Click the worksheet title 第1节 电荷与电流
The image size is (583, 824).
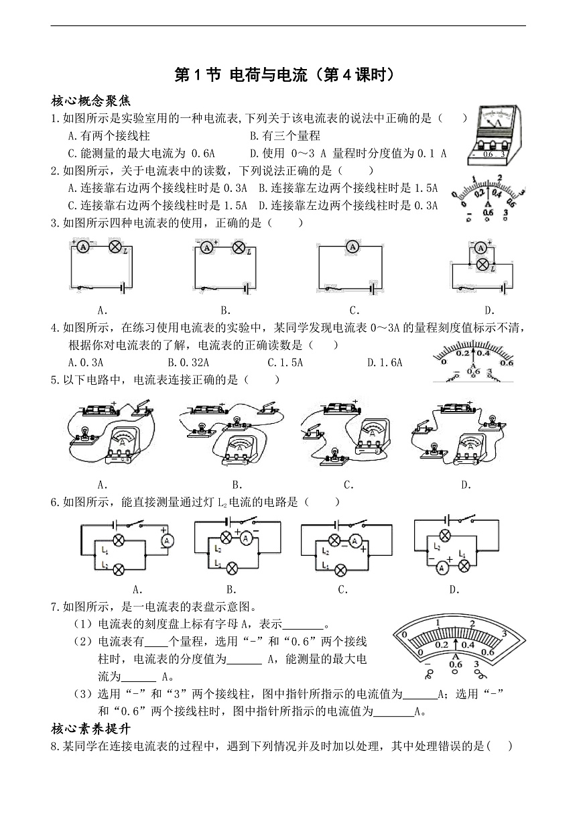pos(241,75)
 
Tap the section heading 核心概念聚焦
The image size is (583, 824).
pos(90,100)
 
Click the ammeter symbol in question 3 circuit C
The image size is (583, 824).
pos(352,247)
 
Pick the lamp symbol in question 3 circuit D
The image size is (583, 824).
pos(482,264)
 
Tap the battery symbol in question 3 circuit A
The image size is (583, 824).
pos(123,288)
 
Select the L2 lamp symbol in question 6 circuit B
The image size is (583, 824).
pos(226,538)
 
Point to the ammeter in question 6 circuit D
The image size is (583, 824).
pos(442,569)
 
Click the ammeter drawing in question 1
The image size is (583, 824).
pos(495,135)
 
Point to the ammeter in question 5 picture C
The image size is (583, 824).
pos(372,436)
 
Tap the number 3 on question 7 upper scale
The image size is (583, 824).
pos(505,634)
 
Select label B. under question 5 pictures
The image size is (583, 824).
pos(237,485)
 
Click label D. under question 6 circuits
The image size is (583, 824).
pos(454,590)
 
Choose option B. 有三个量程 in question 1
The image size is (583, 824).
pos(285,135)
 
